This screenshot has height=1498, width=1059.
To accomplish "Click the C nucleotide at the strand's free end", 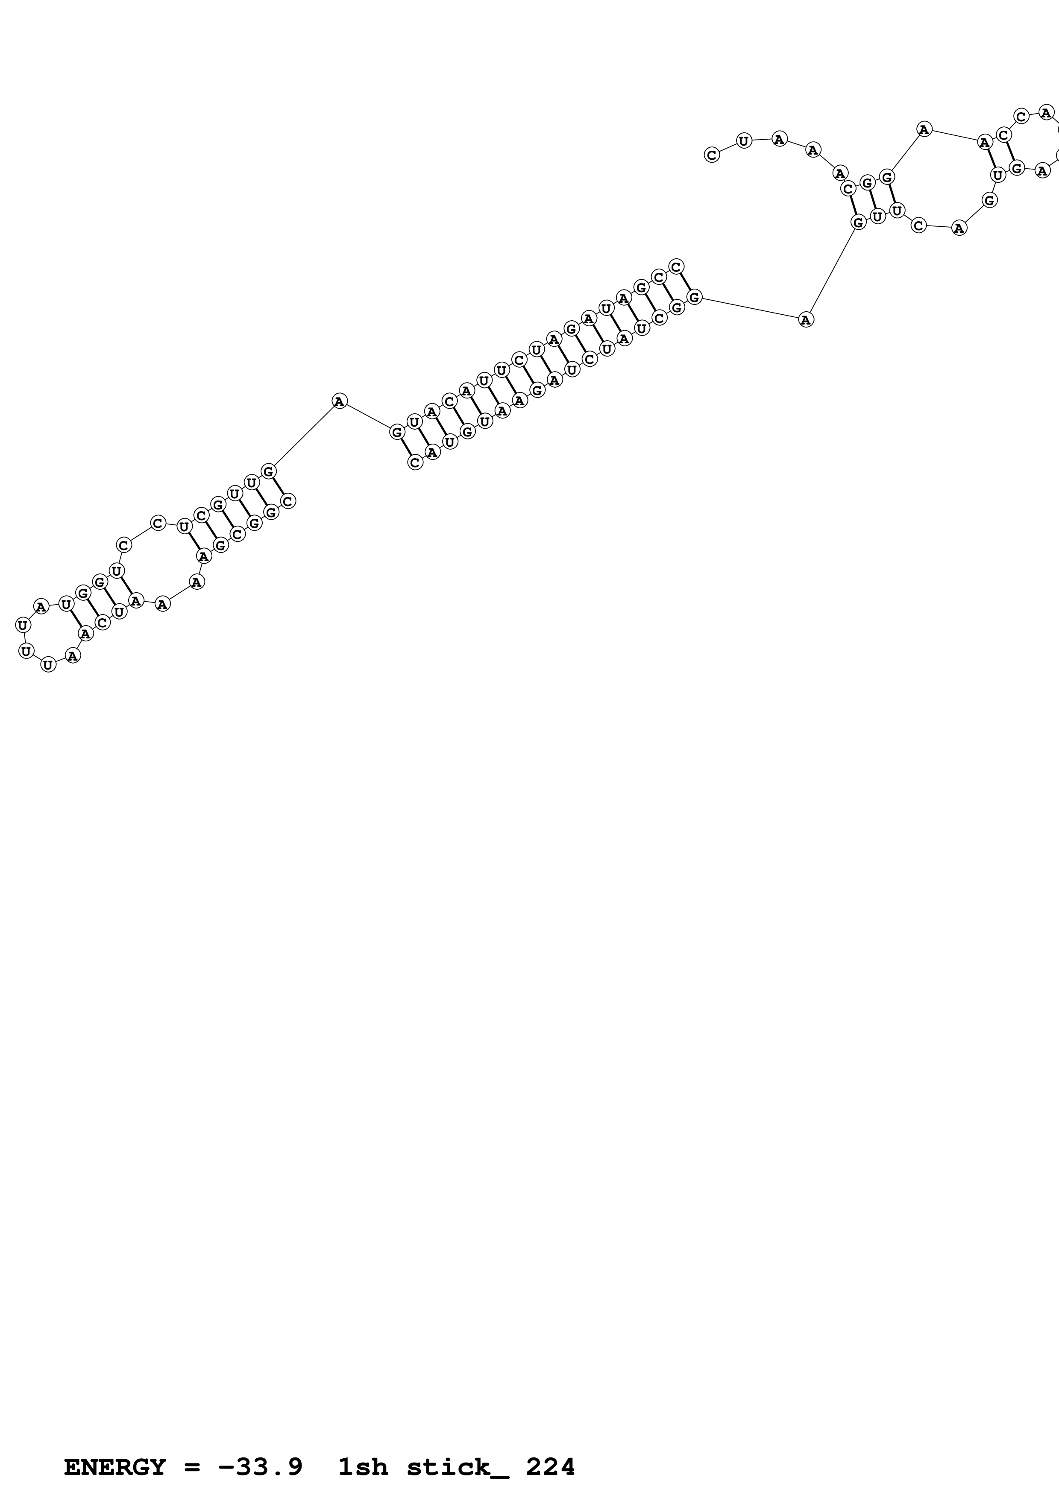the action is pyautogui.click(x=712, y=155).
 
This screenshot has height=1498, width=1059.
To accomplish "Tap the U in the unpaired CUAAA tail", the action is pyautogui.click(x=744, y=140).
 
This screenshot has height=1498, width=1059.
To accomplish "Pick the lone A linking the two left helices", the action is pyautogui.click(x=339, y=401).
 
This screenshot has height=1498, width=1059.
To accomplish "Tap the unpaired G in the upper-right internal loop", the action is pyautogui.click(x=990, y=200).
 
